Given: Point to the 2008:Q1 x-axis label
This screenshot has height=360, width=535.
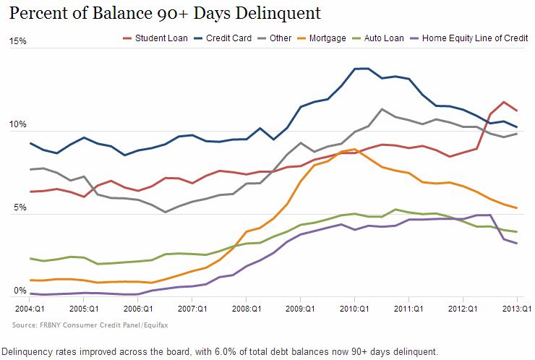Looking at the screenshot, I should pyautogui.click(x=246, y=307).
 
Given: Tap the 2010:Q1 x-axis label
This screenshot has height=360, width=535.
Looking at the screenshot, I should pyautogui.click(x=354, y=307).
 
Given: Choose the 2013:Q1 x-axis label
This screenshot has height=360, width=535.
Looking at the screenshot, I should pyautogui.click(x=516, y=307).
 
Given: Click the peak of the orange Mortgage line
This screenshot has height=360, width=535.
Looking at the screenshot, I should pyautogui.click(x=355, y=150).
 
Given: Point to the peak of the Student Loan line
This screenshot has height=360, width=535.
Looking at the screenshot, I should pyautogui.click(x=504, y=102).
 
